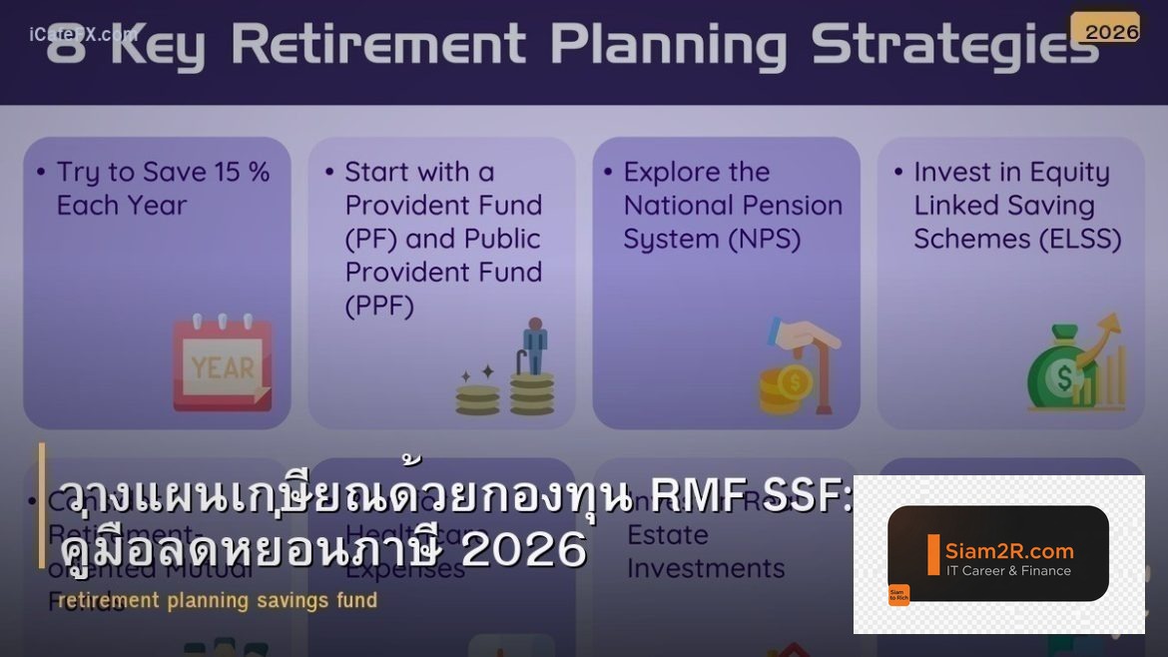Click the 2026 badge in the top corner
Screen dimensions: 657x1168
pos(1111,30)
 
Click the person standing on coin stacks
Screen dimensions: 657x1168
pos(535,346)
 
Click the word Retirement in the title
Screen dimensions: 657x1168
pos(378,45)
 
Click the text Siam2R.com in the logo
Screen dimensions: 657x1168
pos(1009,550)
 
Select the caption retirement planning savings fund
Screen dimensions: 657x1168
pos(218,600)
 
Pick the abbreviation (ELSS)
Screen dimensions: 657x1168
pos(1074,240)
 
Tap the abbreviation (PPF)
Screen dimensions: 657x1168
pos(379,306)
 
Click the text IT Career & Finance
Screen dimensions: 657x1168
pos(1008,571)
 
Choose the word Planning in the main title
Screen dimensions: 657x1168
pos(668,45)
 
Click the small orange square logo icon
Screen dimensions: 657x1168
pos(898,595)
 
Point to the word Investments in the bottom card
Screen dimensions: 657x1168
pos(706,568)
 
